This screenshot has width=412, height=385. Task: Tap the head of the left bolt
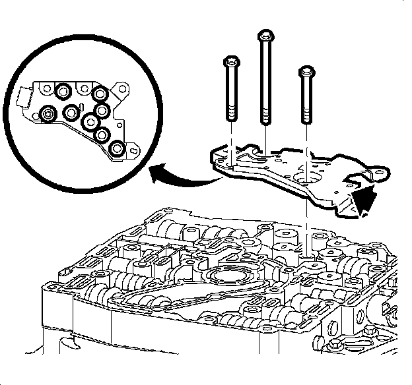click(230, 62)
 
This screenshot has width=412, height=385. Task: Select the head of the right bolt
click(306, 70)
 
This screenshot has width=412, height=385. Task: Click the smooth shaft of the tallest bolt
click(265, 73)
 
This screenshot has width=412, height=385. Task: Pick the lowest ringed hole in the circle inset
click(117, 150)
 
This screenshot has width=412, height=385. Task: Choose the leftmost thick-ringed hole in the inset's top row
click(63, 90)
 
